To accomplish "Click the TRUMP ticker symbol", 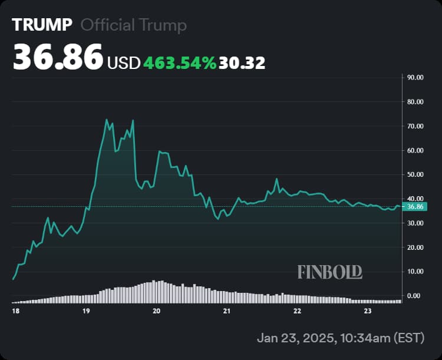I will pos(42,25).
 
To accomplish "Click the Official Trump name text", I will pos(134,25).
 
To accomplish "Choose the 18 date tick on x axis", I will pos(15,311).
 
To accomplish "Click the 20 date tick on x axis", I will pos(156,311).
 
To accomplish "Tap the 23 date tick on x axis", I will pos(367,311).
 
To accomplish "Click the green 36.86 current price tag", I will pos(416,207).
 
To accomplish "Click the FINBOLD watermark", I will pos(329,272).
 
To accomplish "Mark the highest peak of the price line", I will pos(107,120).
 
